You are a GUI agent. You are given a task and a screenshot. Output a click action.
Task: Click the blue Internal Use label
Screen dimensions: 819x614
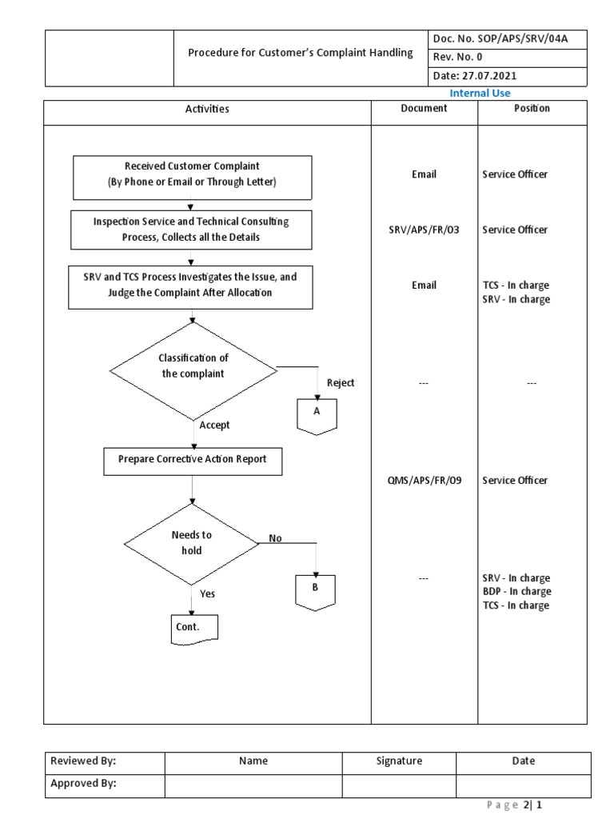coord(480,94)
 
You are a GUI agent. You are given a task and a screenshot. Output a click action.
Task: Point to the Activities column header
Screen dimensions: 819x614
coord(207,109)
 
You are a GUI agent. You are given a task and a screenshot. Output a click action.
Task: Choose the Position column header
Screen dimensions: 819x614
coord(532,109)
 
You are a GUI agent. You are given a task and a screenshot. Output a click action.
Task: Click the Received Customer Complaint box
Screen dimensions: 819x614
coord(192,174)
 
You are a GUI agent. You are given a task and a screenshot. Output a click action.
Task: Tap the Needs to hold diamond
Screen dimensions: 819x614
coord(192,543)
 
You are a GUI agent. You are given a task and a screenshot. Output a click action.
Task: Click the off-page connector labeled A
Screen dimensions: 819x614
coord(317,412)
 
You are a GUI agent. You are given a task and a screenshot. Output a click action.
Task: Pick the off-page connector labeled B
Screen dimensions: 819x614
coord(315,588)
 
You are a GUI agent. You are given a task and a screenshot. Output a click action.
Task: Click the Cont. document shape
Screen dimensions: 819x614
coord(194,628)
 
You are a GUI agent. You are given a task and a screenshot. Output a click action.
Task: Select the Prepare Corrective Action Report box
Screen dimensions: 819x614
coord(193,460)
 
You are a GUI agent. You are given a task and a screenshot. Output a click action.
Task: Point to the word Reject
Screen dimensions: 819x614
coord(341,383)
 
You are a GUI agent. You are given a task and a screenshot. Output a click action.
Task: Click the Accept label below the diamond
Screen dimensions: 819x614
coord(215,425)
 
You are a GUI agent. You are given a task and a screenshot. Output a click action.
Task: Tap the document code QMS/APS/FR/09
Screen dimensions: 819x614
coord(424,481)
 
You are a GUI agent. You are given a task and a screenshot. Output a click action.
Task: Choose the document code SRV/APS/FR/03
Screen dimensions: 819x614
coord(424,230)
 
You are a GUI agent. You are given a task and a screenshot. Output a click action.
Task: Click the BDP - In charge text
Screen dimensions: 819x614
coord(516,592)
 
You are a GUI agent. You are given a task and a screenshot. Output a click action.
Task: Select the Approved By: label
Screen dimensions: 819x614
coord(83,784)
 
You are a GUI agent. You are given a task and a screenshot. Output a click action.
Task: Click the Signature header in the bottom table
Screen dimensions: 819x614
coord(399,761)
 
